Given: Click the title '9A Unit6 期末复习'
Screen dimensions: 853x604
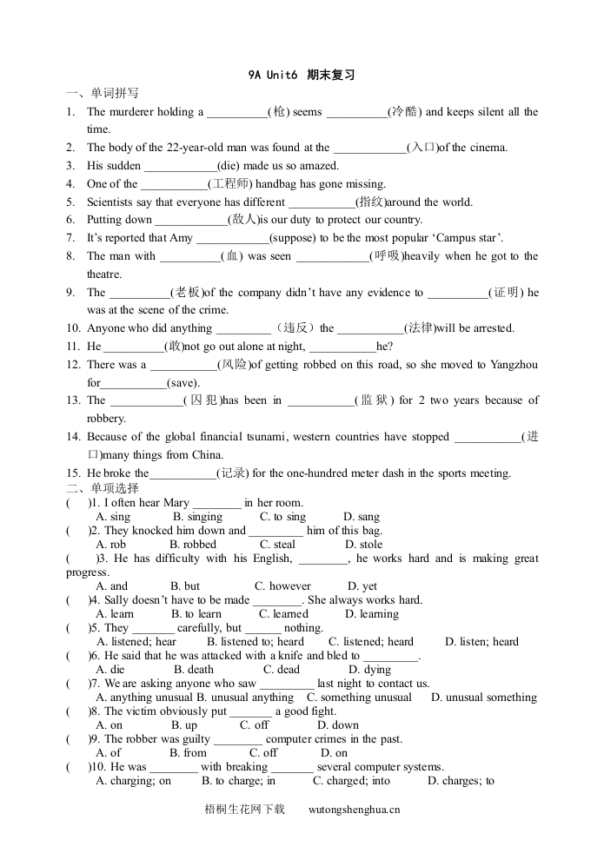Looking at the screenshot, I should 302,76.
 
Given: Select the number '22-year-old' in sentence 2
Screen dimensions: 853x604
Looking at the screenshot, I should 194,148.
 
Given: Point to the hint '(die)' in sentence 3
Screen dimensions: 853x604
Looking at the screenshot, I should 230,166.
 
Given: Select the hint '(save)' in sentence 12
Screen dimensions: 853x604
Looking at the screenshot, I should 184,383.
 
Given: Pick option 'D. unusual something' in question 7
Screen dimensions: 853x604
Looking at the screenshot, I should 484,698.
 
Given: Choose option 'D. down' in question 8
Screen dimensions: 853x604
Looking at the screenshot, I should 338,725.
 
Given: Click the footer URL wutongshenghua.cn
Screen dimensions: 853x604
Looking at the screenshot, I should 355,810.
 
